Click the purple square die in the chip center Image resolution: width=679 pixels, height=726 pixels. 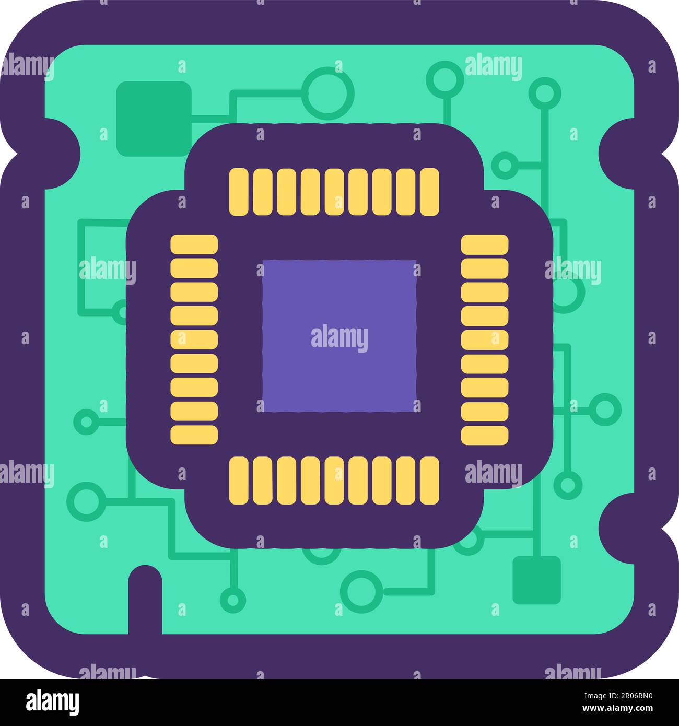tap(340, 336)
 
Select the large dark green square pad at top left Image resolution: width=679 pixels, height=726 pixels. tap(154, 119)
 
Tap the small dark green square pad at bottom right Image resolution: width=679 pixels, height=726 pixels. tap(536, 580)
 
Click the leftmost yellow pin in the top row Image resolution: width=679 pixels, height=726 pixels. tap(241, 192)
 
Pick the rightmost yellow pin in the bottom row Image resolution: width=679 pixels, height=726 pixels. tap(429, 481)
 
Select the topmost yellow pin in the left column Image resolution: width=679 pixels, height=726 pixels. tap(194, 244)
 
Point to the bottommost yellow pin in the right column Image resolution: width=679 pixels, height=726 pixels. tap(485, 435)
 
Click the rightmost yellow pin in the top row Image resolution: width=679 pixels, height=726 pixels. tap(429, 192)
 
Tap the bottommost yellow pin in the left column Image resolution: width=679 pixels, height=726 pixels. tap(194, 435)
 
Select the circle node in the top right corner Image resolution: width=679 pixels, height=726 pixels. tap(545, 93)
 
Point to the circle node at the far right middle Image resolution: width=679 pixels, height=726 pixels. tap(605, 409)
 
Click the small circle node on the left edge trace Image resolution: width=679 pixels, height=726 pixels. tap(86, 421)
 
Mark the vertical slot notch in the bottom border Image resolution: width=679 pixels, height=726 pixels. tap(145, 601)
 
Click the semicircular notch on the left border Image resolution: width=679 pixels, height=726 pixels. tap(57, 153)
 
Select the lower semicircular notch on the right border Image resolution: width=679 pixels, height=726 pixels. tap(622, 529)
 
